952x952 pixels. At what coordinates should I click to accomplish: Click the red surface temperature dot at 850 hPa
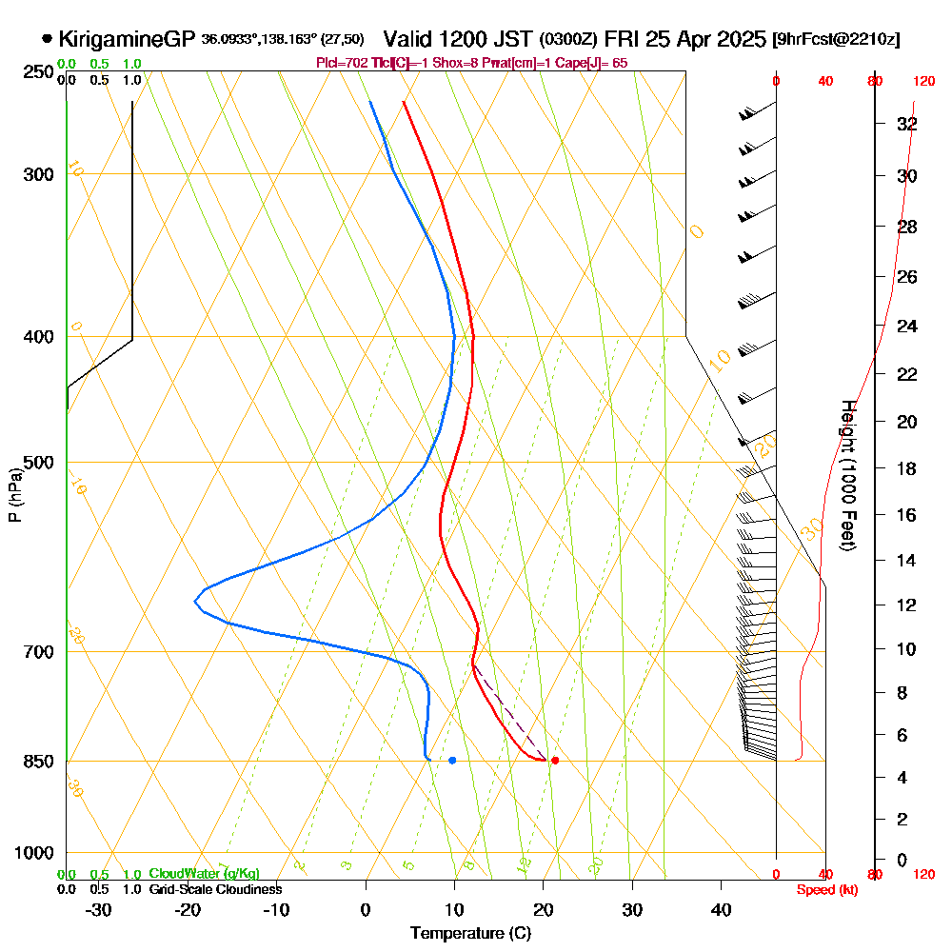pyautogui.click(x=555, y=760)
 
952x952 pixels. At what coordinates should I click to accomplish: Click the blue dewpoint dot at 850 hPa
pyautogui.click(x=452, y=760)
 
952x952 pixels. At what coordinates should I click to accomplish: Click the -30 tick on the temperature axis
pyautogui.click(x=98, y=909)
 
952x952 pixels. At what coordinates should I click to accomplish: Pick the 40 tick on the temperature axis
pyautogui.click(x=722, y=909)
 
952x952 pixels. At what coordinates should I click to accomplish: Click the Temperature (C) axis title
pyautogui.click(x=470, y=934)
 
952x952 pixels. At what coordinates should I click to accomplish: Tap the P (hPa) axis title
pyautogui.click(x=14, y=494)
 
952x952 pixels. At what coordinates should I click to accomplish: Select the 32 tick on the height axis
pyautogui.click(x=907, y=124)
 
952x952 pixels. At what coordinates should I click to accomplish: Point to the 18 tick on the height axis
pyautogui.click(x=907, y=468)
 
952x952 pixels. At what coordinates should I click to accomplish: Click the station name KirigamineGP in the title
pyautogui.click(x=128, y=39)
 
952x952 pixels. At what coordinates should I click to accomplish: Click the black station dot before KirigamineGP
pyautogui.click(x=48, y=39)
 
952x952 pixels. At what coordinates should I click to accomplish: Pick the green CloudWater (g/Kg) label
pyautogui.click(x=204, y=874)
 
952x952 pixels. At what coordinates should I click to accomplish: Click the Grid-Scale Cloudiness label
pyautogui.click(x=215, y=889)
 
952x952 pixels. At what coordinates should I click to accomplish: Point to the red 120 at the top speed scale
pyautogui.click(x=923, y=82)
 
